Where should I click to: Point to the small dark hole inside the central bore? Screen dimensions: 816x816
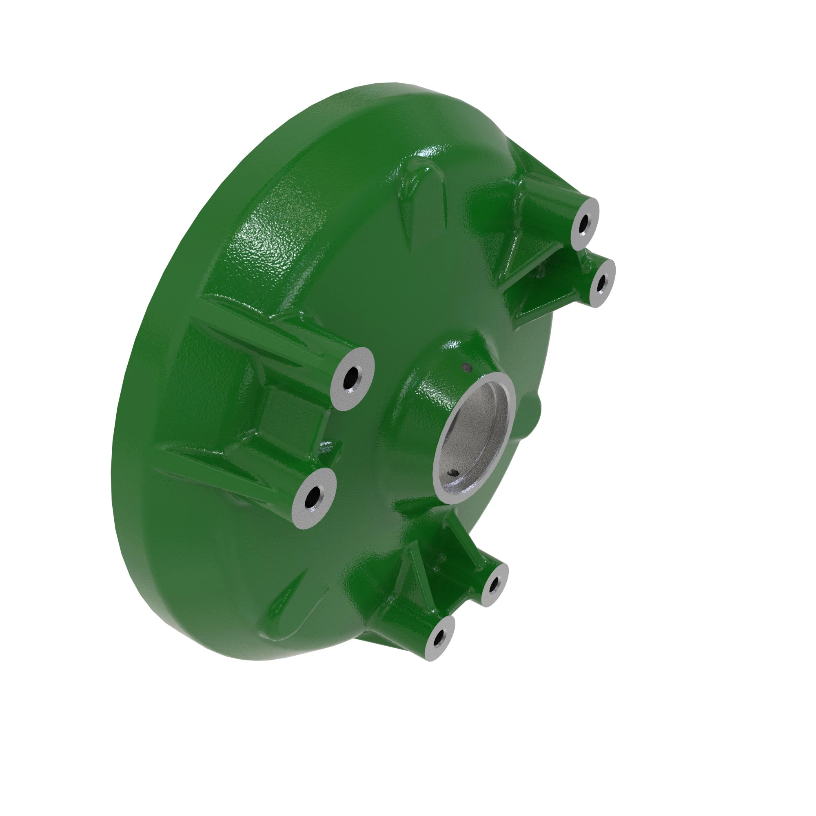tap(454, 472)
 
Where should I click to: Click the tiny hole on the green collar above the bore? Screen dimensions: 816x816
tap(467, 367)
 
